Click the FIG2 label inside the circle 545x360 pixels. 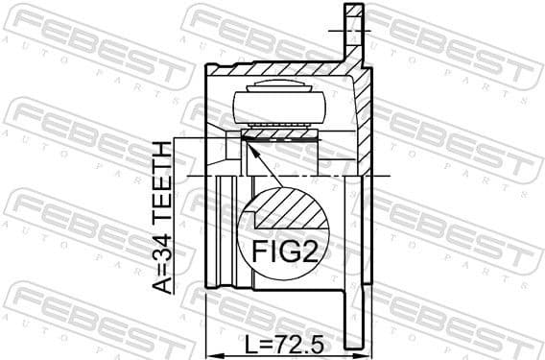point(283,252)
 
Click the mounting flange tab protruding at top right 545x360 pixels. point(354,34)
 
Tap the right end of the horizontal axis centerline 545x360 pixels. point(389,176)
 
